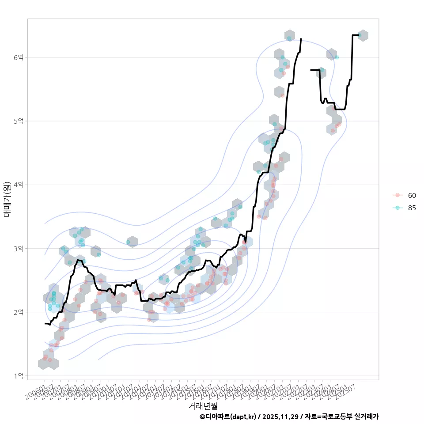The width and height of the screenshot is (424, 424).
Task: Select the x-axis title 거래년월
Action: [x=203, y=405]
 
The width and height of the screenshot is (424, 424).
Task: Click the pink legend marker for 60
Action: [x=397, y=195]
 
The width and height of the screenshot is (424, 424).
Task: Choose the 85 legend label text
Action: [x=412, y=208]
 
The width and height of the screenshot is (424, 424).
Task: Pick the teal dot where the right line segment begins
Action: [x=322, y=70]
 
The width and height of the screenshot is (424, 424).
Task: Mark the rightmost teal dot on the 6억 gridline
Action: [x=337, y=57]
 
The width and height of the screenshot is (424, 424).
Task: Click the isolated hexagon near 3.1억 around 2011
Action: [x=132, y=242]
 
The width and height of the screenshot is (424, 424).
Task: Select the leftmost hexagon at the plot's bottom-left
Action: [x=43, y=363]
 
